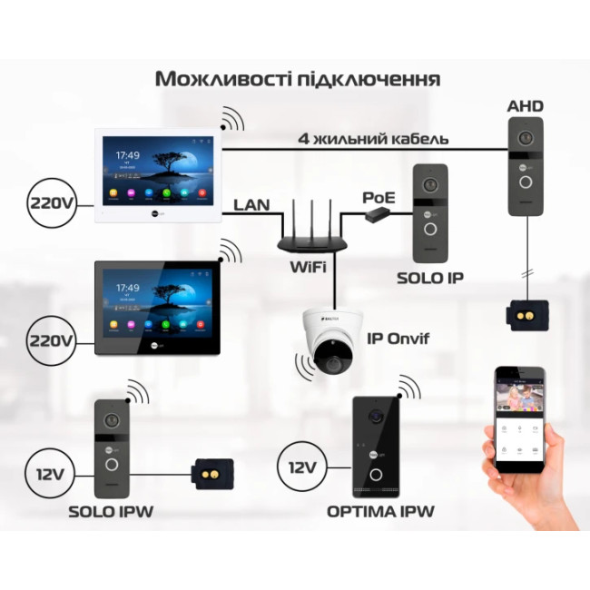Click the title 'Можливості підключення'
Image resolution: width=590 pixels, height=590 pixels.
[297, 78]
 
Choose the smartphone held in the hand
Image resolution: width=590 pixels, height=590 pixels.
[518, 418]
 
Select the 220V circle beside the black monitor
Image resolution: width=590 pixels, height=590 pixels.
[50, 341]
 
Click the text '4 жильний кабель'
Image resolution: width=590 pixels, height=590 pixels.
[373, 139]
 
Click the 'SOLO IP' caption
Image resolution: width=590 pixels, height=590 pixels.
[430, 277]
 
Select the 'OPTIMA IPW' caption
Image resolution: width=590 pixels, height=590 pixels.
[380, 512]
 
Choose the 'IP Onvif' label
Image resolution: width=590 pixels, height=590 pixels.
[398, 339]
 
